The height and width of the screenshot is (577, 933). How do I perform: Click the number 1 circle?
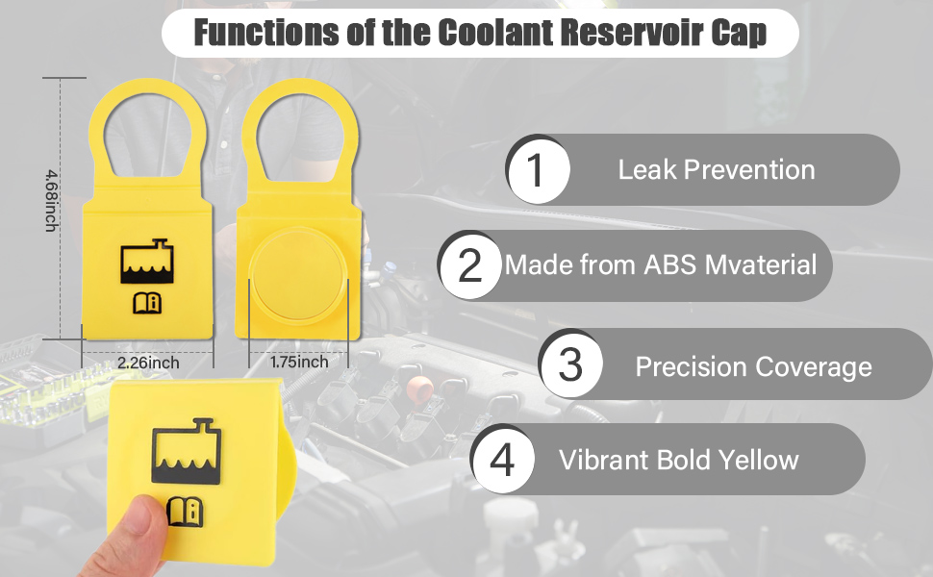pyautogui.click(x=538, y=170)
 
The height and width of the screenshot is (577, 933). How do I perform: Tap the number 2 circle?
pyautogui.click(x=469, y=264)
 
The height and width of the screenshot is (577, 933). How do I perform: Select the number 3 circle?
pyautogui.click(x=570, y=365)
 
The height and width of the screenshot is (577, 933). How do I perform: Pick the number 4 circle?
pyautogui.click(x=502, y=459)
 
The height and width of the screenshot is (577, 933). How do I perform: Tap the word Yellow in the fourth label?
pyautogui.click(x=755, y=460)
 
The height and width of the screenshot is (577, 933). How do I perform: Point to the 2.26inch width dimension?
pyautogui.click(x=148, y=364)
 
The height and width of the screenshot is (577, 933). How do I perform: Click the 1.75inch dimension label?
pyautogui.click(x=298, y=363)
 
